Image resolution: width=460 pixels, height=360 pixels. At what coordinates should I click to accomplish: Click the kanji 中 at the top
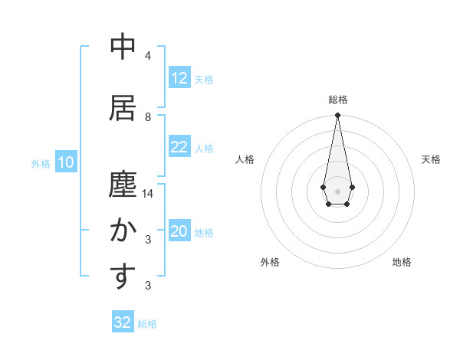click(x=123, y=47)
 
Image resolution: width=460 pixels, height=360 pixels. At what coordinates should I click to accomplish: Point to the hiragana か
click(x=123, y=231)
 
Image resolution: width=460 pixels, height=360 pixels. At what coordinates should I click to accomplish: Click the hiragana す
click(x=123, y=277)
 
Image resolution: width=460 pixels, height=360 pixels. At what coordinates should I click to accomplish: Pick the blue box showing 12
click(x=179, y=78)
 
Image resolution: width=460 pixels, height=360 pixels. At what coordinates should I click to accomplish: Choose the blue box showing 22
click(x=179, y=147)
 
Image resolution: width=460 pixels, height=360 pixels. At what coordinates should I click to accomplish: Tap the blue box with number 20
click(x=179, y=232)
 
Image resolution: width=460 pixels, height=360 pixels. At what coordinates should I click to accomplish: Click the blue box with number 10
click(x=66, y=162)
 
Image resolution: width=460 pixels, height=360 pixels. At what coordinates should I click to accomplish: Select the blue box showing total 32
click(x=123, y=322)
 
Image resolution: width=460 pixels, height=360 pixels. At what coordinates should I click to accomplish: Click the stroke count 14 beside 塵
click(x=148, y=194)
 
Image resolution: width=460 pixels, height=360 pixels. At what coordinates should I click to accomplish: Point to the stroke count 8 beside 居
click(x=148, y=116)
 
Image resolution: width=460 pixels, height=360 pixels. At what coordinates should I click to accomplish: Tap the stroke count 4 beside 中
click(x=148, y=56)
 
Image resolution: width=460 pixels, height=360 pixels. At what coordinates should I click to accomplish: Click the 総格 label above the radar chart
click(x=337, y=100)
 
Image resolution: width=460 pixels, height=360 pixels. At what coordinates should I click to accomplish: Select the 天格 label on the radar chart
click(x=431, y=159)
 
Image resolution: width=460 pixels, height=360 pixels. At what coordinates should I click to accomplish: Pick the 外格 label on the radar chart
click(x=270, y=262)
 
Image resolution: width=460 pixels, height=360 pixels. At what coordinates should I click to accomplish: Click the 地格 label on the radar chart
click(x=402, y=262)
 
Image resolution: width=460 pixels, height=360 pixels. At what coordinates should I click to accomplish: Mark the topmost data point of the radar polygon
click(x=337, y=115)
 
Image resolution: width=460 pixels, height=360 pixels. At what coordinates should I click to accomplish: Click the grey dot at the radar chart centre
click(x=337, y=190)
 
